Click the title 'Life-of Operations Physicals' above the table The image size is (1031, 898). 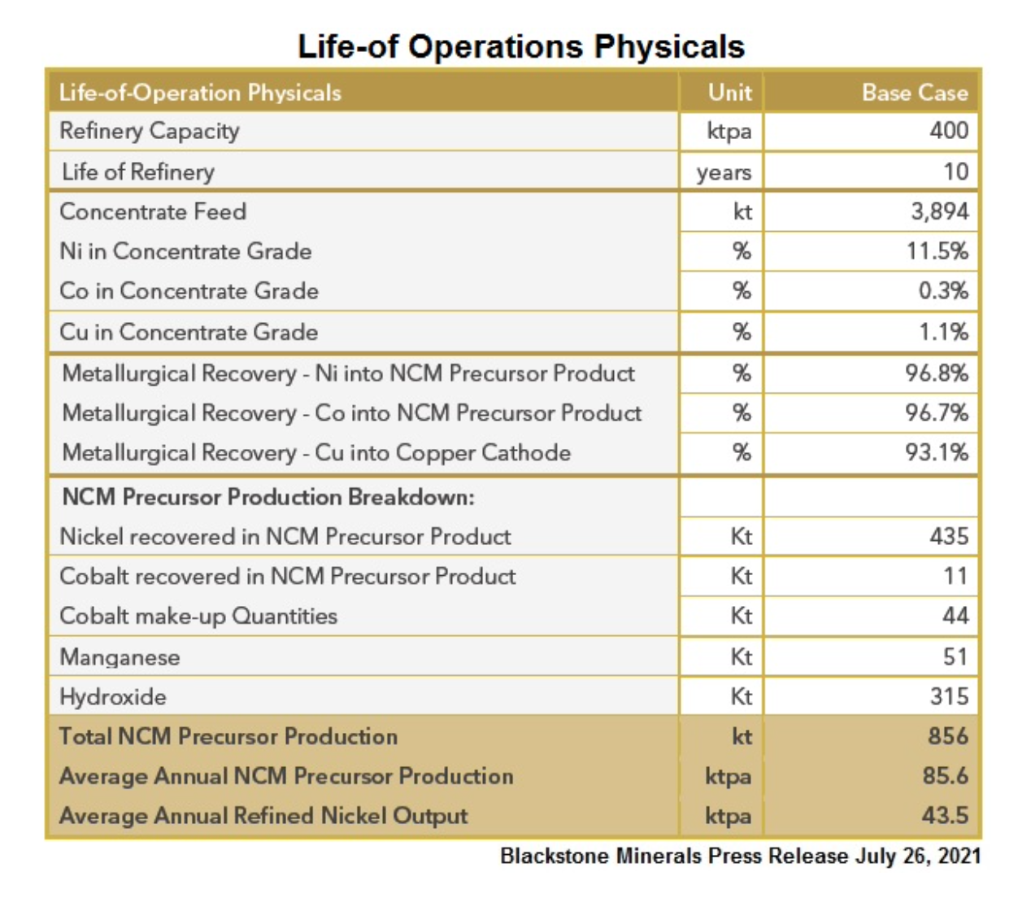coord(521,46)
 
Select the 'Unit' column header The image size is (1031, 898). coord(729,93)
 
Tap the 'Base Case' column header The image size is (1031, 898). coord(915,93)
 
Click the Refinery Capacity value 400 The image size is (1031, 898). coord(949,130)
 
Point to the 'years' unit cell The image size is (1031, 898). coord(724,172)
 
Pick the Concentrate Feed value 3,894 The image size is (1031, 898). coord(940,211)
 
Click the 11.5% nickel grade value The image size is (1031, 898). coord(937,251)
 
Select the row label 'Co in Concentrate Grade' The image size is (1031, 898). coord(189,290)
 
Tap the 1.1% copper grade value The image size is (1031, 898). coord(943,332)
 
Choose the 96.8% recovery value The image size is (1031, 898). coord(936,373)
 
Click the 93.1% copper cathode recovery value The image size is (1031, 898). coord(936,452)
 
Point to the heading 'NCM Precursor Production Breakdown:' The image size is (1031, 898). coord(268,497)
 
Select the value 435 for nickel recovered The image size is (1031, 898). coord(949,536)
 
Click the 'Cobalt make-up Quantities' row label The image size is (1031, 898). coord(198,617)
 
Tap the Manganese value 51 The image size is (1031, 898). coord(955,657)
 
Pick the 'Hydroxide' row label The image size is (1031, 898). coord(113,697)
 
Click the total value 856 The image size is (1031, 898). coord(948,736)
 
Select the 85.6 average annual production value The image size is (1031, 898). coord(946,776)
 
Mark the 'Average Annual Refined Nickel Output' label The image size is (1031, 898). coord(263,817)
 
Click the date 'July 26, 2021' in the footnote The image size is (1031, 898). coord(918,857)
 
